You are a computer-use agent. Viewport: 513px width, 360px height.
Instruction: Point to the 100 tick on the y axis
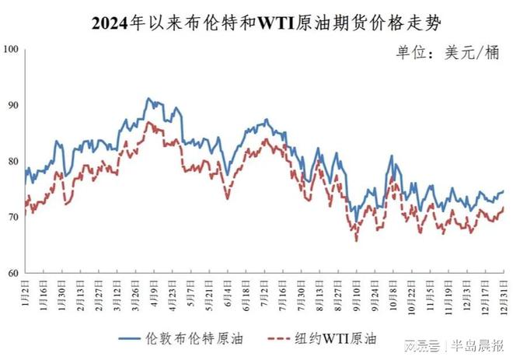click(11, 49)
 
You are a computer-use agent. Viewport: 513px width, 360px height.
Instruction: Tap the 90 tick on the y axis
click(12, 105)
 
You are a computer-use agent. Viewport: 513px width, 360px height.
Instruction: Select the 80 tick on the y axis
click(12, 162)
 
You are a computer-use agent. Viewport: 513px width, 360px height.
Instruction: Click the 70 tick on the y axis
click(12, 218)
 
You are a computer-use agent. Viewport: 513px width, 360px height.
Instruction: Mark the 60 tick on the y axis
click(12, 274)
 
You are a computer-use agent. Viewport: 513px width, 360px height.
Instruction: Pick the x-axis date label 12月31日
click(503, 294)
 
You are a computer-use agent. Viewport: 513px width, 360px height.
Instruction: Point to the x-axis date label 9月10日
click(355, 293)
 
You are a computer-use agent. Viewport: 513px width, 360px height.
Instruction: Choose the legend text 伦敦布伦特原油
click(186, 338)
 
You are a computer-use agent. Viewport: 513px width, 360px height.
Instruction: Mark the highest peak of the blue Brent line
click(148, 99)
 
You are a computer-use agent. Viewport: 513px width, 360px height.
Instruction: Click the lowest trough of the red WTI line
click(357, 240)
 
